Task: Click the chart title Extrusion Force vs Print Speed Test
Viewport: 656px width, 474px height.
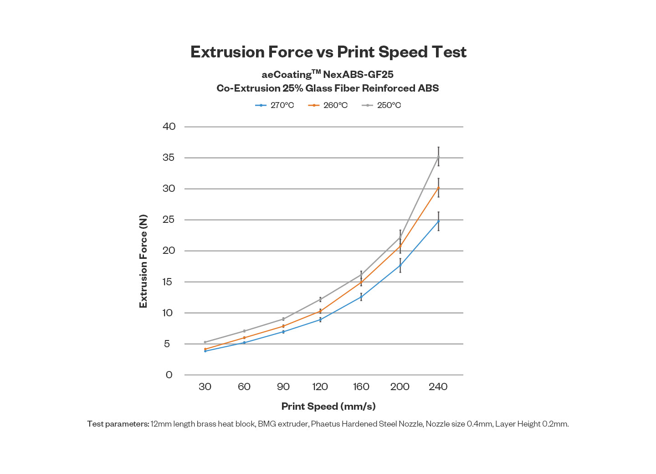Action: tap(328, 52)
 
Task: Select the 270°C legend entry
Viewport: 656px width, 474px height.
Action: tap(275, 105)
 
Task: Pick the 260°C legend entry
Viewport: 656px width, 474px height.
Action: tap(328, 105)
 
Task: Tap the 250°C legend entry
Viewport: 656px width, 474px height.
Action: tap(382, 105)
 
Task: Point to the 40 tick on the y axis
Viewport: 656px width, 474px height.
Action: tap(169, 126)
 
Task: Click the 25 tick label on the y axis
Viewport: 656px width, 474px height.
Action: tap(169, 220)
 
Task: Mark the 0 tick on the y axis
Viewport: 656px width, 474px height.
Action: tap(169, 375)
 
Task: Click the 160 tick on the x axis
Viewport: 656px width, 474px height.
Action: tap(361, 387)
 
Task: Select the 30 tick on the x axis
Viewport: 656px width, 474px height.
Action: tap(205, 387)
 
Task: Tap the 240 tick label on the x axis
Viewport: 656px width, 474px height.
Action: tap(438, 387)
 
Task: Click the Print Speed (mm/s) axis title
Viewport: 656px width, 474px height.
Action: tap(328, 406)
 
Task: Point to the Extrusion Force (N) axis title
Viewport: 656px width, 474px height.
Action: tap(143, 261)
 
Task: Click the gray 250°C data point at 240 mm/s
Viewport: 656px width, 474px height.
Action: tap(438, 157)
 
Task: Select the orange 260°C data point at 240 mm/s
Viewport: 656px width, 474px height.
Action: tap(438, 188)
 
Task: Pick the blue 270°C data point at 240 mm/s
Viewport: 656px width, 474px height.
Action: tap(438, 222)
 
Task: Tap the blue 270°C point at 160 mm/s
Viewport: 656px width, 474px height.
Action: tap(361, 297)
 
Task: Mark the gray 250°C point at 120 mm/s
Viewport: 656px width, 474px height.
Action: tap(320, 299)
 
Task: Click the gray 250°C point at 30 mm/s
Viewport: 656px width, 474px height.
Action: tap(205, 342)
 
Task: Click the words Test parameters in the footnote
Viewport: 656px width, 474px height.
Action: tap(118, 424)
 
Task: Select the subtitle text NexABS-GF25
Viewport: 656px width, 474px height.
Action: tap(358, 75)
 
